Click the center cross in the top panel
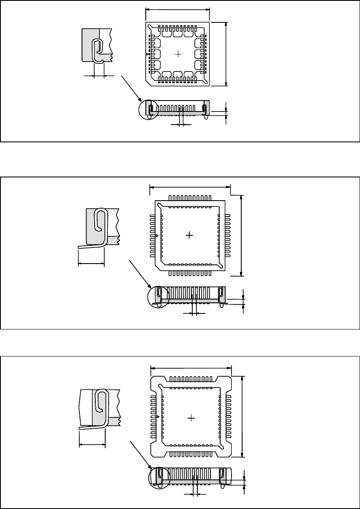178,54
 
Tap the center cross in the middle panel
190,235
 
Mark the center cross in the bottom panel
191,418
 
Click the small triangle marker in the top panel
147,54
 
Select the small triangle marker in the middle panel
157,235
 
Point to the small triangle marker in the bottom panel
158,417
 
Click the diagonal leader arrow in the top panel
131,87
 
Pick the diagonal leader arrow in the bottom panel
140,454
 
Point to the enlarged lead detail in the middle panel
100,228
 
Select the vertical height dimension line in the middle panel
241,235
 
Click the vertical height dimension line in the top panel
227,54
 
